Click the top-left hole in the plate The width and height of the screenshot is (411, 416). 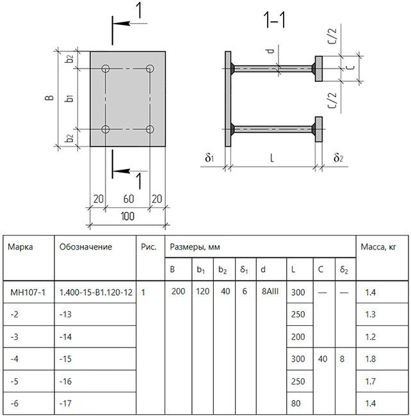[x=106, y=68]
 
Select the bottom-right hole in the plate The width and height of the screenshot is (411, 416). [x=150, y=129]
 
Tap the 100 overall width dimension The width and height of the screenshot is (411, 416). [x=127, y=216]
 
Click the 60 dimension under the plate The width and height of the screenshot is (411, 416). [x=129, y=199]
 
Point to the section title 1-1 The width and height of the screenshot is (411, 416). [x=275, y=20]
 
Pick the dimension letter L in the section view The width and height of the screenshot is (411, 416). [x=272, y=158]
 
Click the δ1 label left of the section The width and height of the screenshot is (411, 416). [x=209, y=158]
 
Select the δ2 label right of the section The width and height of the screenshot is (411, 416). [x=338, y=158]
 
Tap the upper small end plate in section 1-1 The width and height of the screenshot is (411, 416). [x=319, y=68]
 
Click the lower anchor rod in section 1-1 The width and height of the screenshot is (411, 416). [x=273, y=129]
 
